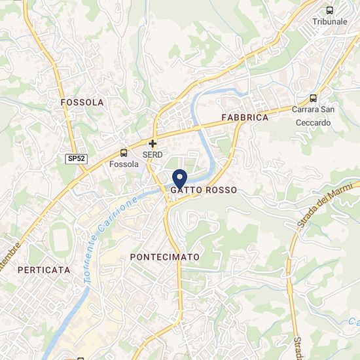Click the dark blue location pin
tap(179, 178)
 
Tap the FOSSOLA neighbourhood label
tap(82, 103)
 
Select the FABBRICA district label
tap(245, 118)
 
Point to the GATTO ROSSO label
tap(204, 189)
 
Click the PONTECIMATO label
tap(164, 257)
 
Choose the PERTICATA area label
tap(44, 270)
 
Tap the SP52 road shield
tap(76, 159)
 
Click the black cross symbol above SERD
tap(153, 143)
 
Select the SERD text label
tap(153, 154)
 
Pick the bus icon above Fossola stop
tap(124, 153)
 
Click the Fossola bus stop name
tap(124, 164)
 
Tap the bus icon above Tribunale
tap(329, 10)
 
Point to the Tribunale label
tap(329, 22)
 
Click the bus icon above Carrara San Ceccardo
tap(313, 98)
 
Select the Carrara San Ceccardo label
tap(313, 115)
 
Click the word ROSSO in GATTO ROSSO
tap(220, 189)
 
